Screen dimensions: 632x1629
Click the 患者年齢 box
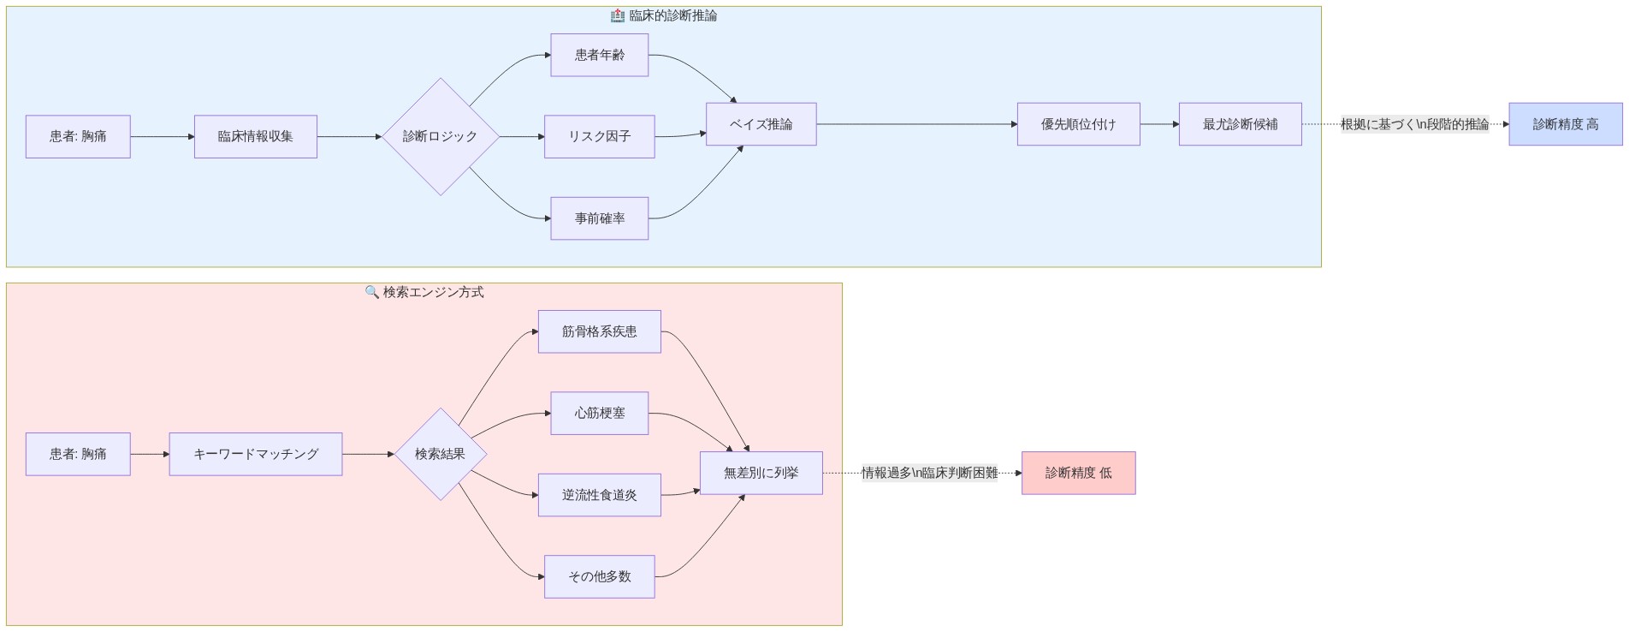599,55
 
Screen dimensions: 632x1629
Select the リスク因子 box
599,136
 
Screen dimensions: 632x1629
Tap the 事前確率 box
599,218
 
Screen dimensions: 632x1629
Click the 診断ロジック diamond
440,136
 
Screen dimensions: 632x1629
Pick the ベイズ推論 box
761,124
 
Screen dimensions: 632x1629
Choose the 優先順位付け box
1078,124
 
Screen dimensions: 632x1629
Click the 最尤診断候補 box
1240,124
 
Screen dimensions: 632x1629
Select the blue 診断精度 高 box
1565,124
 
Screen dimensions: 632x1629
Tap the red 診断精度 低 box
1078,473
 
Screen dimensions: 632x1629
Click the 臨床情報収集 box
255,136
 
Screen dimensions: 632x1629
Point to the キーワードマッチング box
255,454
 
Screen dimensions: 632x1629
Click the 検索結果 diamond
440,454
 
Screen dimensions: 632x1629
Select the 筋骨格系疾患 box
599,331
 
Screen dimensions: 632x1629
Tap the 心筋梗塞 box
599,413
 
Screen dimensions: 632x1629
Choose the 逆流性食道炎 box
599,495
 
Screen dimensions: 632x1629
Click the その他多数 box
599,576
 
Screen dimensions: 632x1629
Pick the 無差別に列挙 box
761,473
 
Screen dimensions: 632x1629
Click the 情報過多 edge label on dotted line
929,473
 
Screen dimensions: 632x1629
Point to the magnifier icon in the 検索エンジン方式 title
371,292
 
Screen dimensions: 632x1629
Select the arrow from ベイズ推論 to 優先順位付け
915,124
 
